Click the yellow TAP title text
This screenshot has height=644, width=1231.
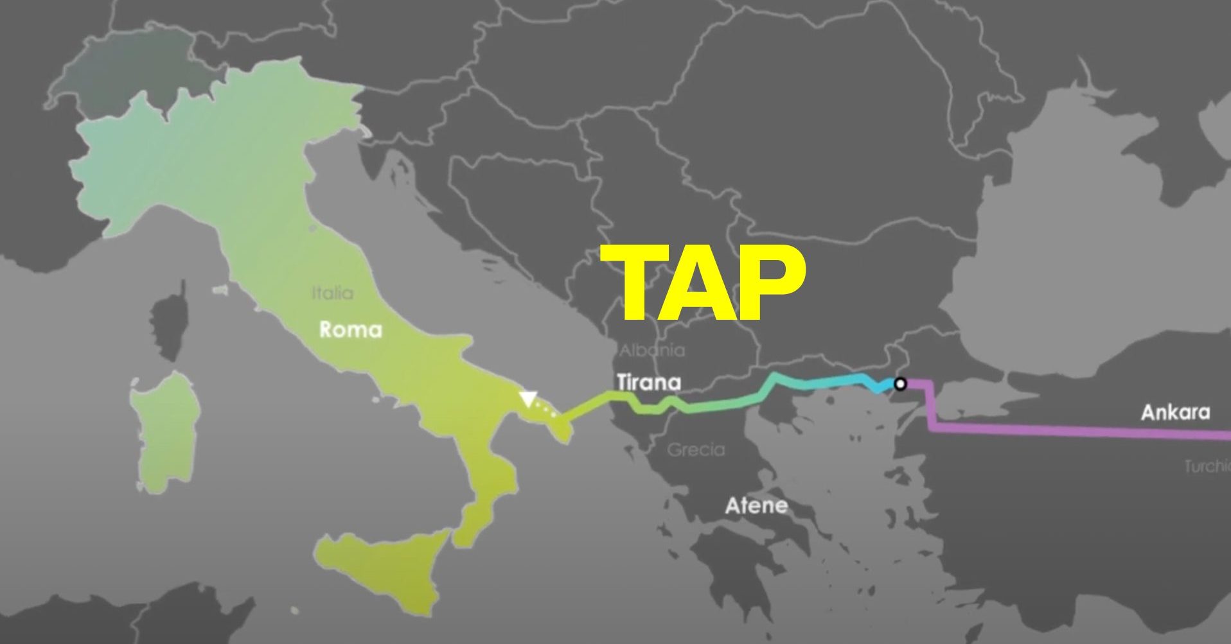coord(704,284)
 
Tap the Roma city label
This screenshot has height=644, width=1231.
coord(350,330)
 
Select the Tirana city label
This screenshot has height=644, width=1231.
coord(648,383)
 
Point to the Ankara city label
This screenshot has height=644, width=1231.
coord(1175,412)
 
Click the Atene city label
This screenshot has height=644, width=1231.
coord(756,506)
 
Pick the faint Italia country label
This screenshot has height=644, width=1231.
coord(332,293)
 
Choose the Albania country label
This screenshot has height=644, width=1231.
coord(652,351)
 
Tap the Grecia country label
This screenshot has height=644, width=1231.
coord(696,449)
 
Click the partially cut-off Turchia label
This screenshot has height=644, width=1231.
coord(1208,466)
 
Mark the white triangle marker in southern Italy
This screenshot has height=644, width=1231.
coord(527,399)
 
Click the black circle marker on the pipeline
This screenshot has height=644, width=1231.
coord(901,384)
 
